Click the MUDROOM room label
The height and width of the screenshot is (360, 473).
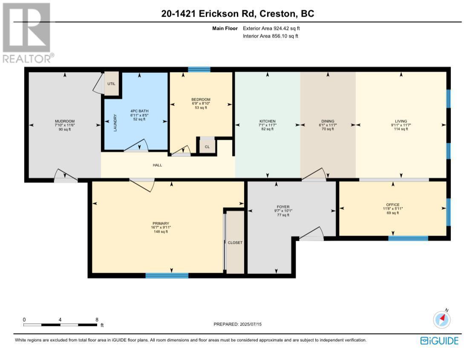pos(64,121)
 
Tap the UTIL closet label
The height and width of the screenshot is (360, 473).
pos(111,84)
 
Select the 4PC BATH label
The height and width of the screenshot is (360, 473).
pos(139,111)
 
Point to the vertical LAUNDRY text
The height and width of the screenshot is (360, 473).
pos(115,123)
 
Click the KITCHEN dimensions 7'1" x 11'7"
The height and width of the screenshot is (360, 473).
pos(268,125)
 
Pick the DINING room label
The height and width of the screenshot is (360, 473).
pos(328,121)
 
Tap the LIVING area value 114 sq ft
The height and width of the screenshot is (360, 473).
pos(401,129)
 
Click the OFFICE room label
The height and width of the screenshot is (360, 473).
pos(393,205)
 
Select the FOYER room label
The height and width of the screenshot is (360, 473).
pos(283,207)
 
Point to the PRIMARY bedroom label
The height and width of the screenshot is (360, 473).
pos(161,223)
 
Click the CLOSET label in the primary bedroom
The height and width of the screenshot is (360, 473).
pos(235,243)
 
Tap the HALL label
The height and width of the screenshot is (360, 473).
pos(158,165)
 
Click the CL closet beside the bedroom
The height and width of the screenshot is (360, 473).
pos(207,147)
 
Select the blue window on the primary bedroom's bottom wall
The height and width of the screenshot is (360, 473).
pos(167,276)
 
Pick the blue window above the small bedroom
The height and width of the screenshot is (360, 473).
pos(199,69)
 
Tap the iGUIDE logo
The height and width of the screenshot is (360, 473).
pos(439,341)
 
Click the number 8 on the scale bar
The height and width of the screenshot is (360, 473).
pos(97,320)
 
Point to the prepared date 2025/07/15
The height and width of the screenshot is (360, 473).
pos(251,324)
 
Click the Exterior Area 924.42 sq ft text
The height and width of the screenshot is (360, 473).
pos(271,29)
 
